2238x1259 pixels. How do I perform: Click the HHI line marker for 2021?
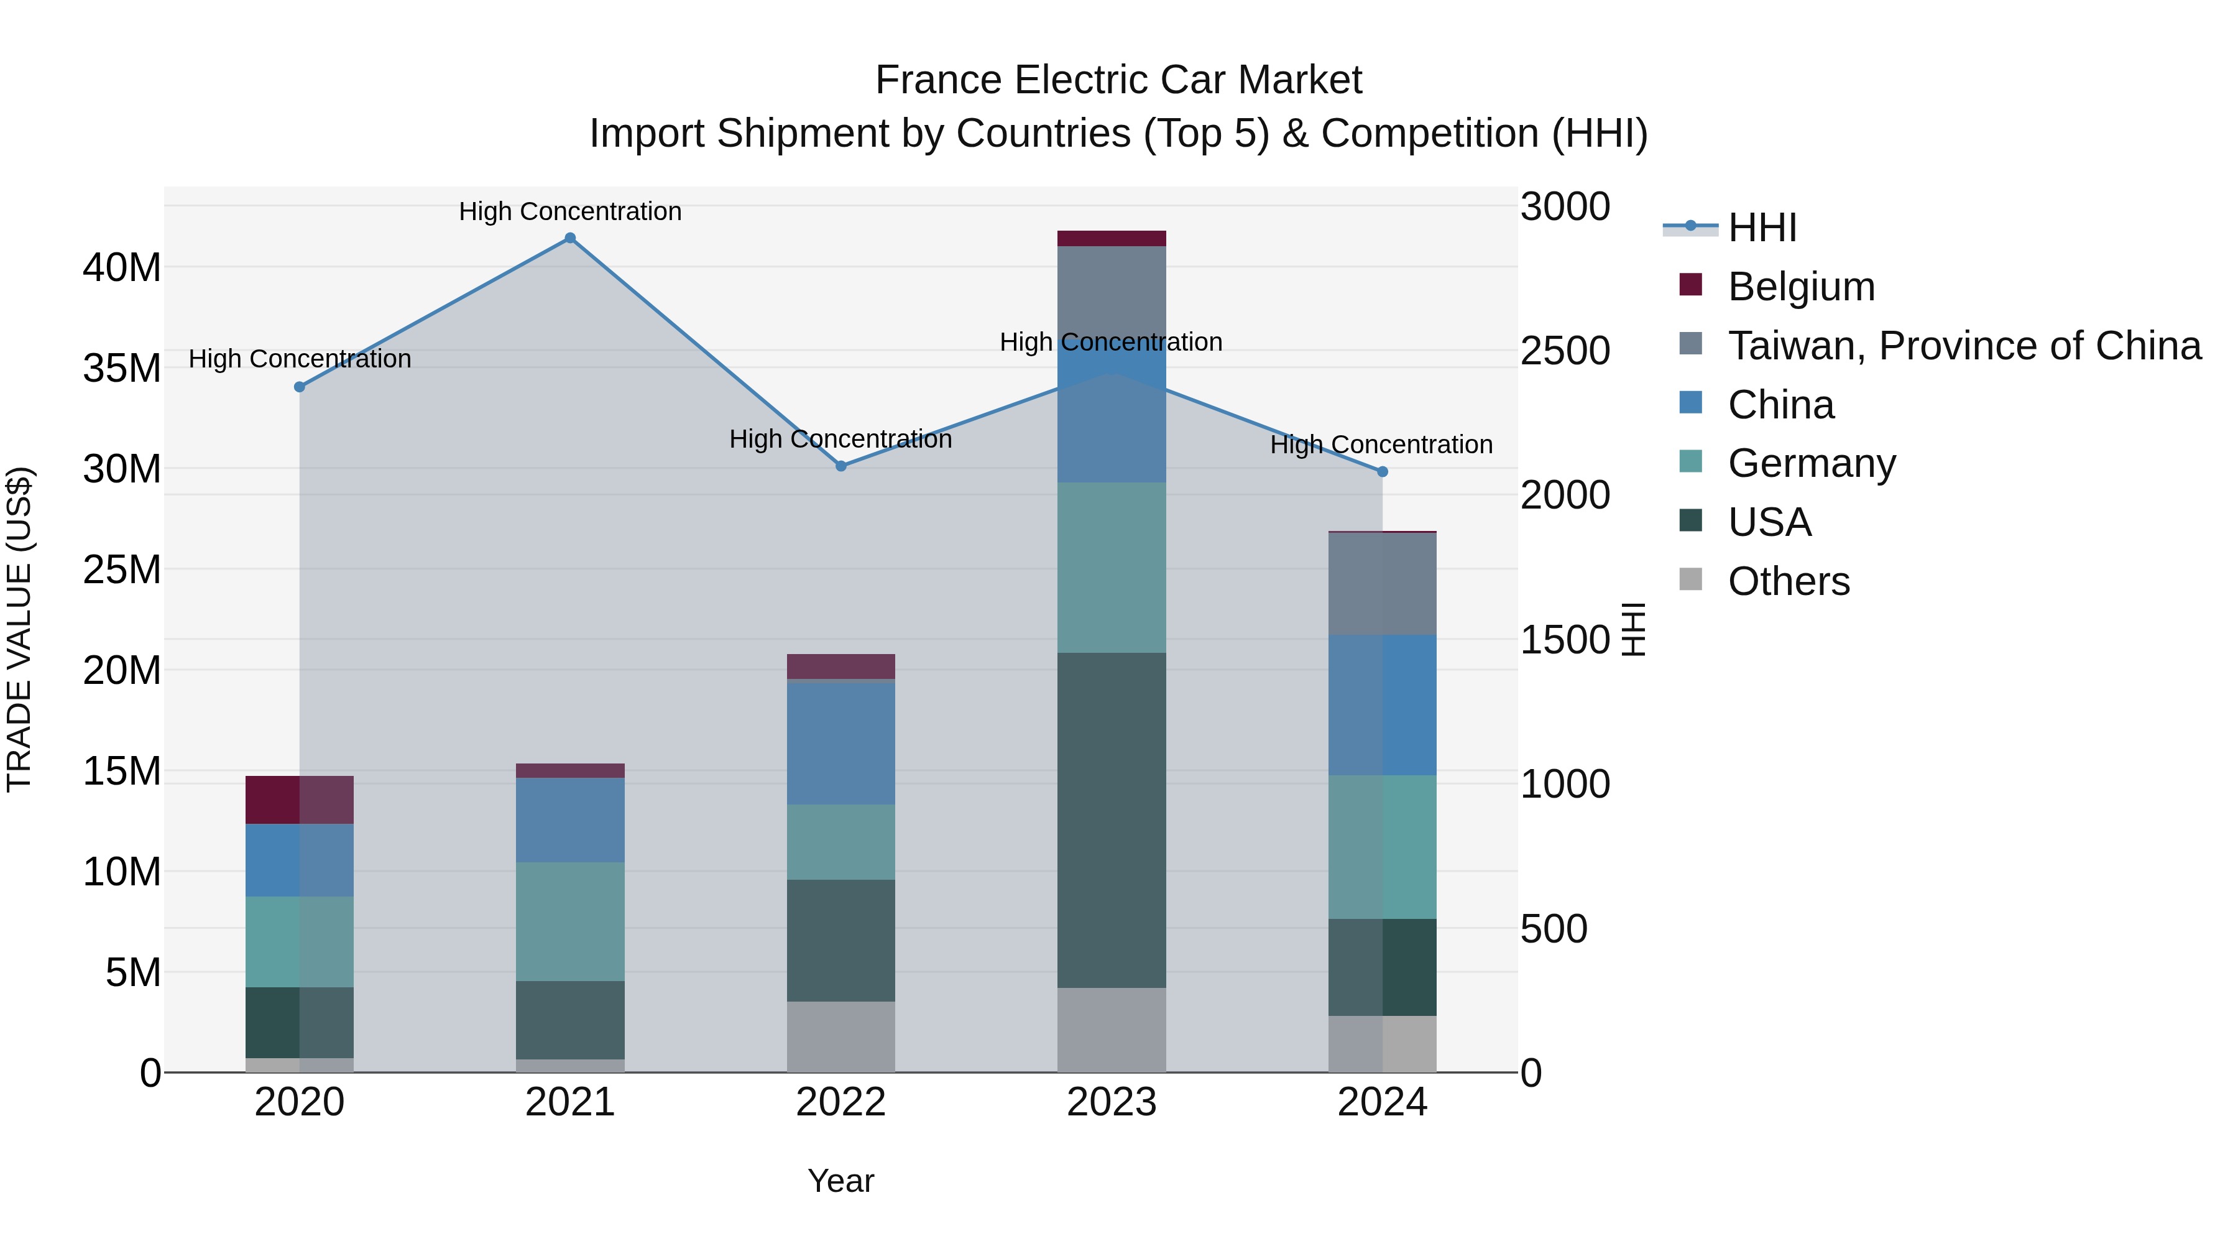[x=570, y=238]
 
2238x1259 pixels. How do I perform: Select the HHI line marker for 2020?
[x=300, y=387]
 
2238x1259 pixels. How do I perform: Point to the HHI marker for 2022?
[x=841, y=466]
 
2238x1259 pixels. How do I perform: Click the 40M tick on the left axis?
[x=122, y=267]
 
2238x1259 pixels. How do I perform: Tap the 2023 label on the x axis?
[x=1111, y=1102]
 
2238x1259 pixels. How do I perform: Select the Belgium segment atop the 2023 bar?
[x=1111, y=238]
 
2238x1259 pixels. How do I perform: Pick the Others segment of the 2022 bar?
[x=841, y=1036]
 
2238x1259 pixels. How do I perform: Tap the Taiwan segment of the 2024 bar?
[x=1382, y=584]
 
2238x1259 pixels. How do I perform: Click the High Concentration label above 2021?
[x=570, y=211]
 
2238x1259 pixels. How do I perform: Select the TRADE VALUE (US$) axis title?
[x=19, y=629]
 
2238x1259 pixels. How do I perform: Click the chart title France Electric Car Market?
[x=1118, y=80]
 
